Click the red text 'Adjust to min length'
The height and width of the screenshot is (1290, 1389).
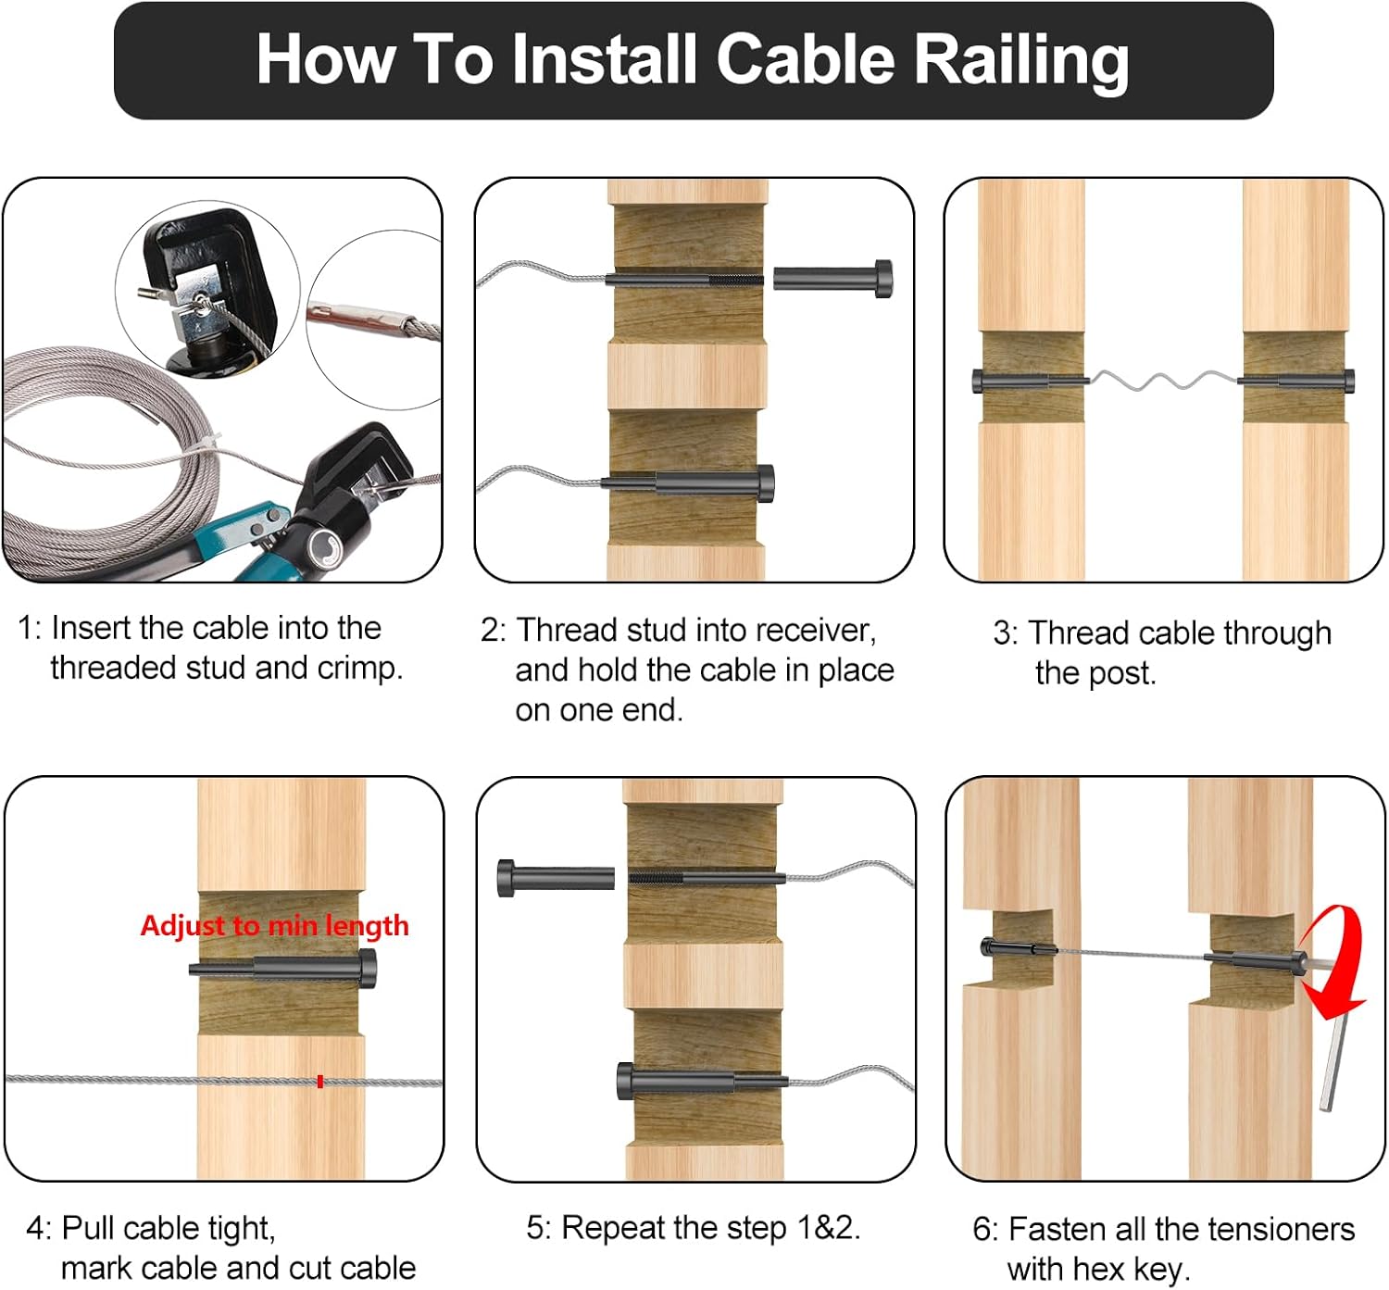tap(274, 925)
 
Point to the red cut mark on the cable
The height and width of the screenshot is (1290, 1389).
tap(319, 1081)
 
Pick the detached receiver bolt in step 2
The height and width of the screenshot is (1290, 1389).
tap(832, 278)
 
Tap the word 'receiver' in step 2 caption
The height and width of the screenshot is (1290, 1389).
tap(811, 630)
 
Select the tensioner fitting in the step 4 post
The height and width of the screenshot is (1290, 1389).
tap(282, 971)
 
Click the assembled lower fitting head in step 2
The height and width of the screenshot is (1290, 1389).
tap(763, 482)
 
